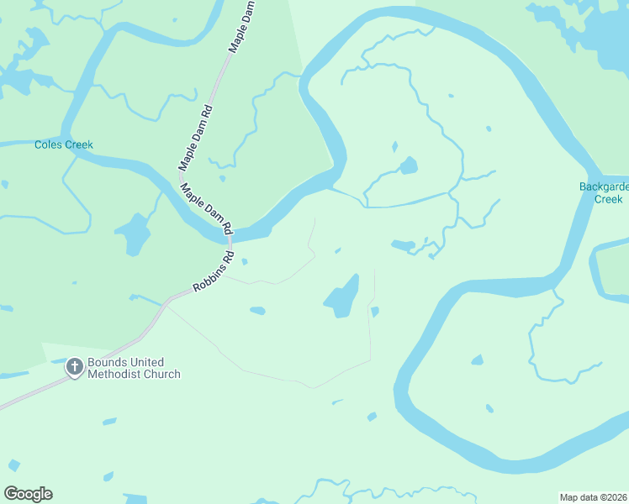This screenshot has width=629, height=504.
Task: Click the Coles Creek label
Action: click(x=64, y=144)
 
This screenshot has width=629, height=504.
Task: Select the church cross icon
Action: click(x=74, y=367)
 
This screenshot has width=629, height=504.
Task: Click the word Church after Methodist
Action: click(x=162, y=374)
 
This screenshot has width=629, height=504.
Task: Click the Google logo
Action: click(x=28, y=493)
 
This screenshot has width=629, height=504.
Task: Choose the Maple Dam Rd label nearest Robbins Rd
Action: click(x=205, y=205)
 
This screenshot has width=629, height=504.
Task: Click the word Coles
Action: click(x=49, y=144)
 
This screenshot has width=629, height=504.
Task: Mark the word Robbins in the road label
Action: click(x=208, y=277)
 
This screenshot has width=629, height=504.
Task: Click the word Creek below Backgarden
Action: click(x=608, y=199)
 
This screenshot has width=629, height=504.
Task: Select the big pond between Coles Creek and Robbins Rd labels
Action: click(x=133, y=234)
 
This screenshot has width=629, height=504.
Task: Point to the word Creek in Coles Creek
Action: click(x=79, y=144)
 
